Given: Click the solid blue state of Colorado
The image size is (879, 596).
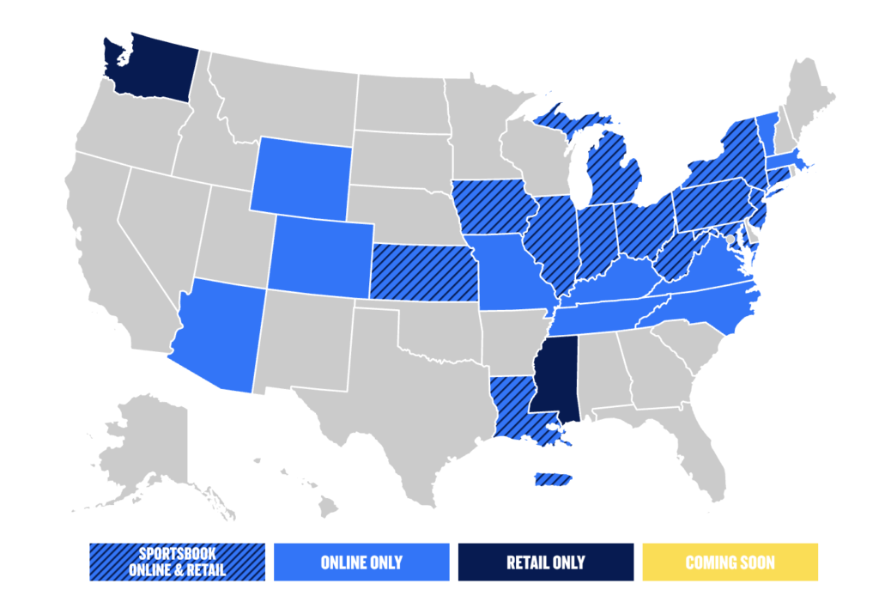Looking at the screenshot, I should pyautogui.click(x=320, y=253).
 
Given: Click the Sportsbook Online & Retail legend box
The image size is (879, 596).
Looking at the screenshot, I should pyautogui.click(x=177, y=563).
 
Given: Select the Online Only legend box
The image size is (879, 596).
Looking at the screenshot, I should pyautogui.click(x=361, y=563).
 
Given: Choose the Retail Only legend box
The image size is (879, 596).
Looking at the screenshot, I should pyautogui.click(x=546, y=563).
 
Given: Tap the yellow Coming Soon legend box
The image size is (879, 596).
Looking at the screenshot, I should pyautogui.click(x=730, y=563).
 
